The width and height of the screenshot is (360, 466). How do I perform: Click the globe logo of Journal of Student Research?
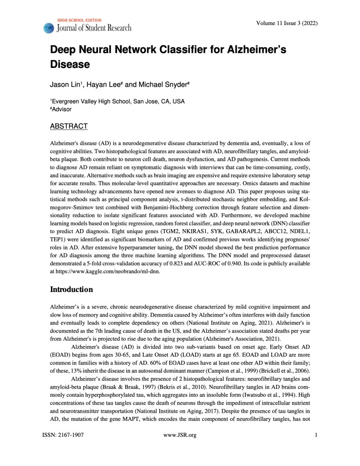48,28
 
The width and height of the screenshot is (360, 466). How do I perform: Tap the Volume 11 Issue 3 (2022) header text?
287,23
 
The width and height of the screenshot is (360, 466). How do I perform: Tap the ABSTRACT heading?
69,126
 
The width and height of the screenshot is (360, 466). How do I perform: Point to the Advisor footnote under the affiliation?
61,109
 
